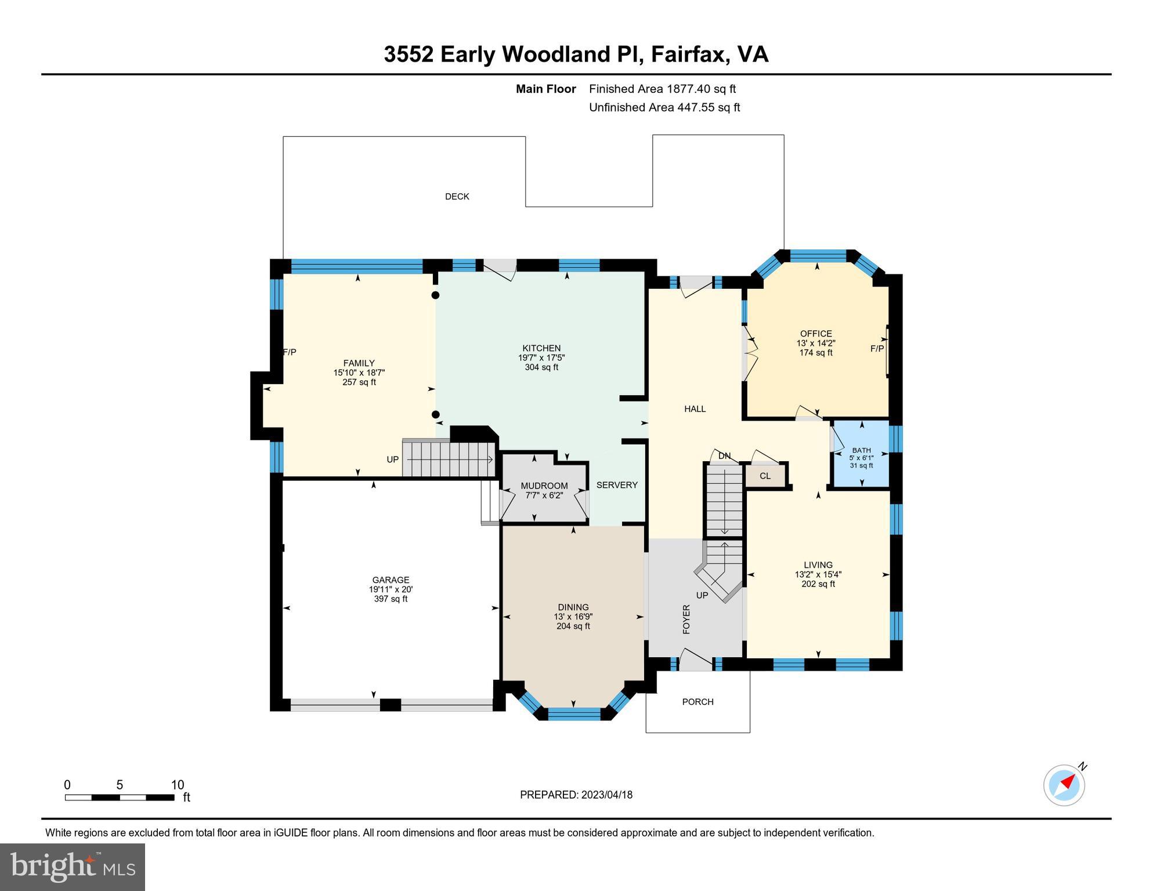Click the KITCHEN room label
coord(541,348)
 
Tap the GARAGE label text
coord(391,579)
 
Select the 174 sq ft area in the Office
coord(816,353)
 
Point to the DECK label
coord(457,197)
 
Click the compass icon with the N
coord(1064,785)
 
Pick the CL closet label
coord(765,476)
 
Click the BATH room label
coord(861,450)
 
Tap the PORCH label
coord(697,702)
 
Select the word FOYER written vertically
coord(686,619)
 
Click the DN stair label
coord(724,456)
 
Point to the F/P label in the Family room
coord(290,352)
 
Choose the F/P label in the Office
coord(877,349)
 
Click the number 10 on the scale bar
coord(178,785)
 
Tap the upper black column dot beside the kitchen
coord(435,295)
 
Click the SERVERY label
coord(617,485)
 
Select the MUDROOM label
coord(544,486)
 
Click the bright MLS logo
coord(73,867)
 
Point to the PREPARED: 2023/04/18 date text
coord(576,795)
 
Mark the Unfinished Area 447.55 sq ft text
coord(664,107)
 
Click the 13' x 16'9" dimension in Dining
coord(573,617)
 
